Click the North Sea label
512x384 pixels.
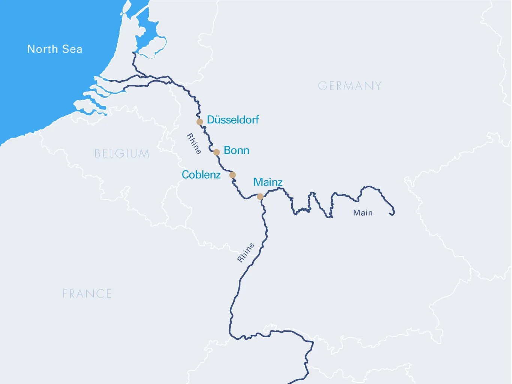click(55, 49)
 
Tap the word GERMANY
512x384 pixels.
click(350, 86)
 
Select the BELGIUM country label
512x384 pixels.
click(122, 154)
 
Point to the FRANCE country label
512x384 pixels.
click(87, 294)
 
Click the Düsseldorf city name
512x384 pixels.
click(233, 120)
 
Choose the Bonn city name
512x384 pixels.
click(237, 151)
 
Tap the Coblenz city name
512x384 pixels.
click(201, 175)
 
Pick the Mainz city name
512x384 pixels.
click(268, 182)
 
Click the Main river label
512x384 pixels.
click(363, 213)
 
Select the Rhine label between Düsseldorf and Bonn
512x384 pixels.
click(194, 143)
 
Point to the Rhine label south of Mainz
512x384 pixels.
click(246, 252)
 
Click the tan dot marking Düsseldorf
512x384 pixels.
click(200, 122)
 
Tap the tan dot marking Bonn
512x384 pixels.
click(217, 152)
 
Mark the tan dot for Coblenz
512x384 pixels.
click(232, 175)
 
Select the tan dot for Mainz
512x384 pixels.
click(260, 196)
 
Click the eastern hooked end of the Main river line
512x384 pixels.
click(392, 213)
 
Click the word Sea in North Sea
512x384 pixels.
click(72, 49)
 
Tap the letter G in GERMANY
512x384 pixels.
click(322, 86)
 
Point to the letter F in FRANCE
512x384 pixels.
click(66, 294)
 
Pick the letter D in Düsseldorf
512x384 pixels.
click(210, 120)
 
